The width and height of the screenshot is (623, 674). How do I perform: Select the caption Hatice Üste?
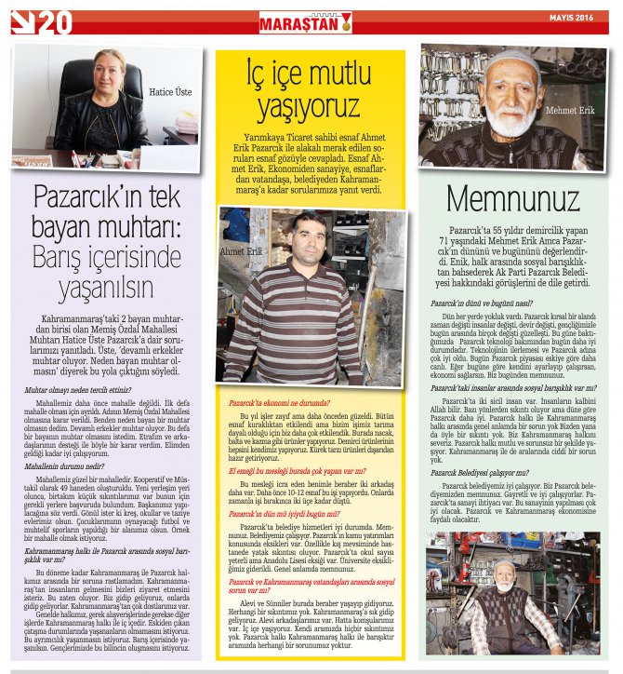pyautogui.click(x=172, y=92)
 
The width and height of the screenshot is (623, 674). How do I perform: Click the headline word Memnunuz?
pyautogui.click(x=513, y=198)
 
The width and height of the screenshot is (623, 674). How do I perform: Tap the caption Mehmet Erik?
pyautogui.click(x=570, y=111)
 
